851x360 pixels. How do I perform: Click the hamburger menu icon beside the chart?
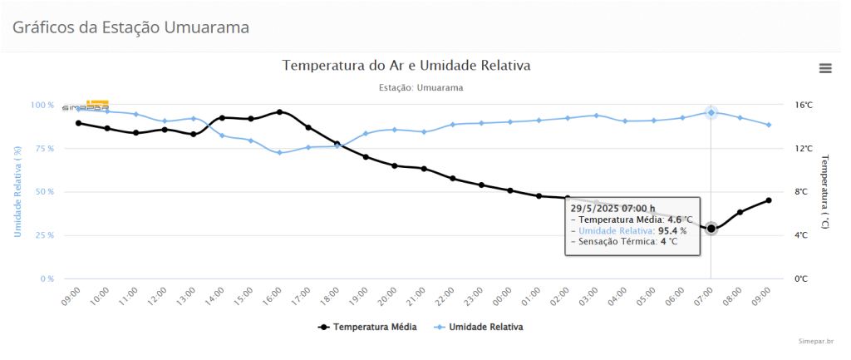[x=825, y=68]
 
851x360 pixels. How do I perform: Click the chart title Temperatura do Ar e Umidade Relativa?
[x=406, y=65]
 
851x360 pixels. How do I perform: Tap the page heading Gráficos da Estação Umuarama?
[x=130, y=27]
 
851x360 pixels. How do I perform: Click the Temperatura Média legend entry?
[x=367, y=327]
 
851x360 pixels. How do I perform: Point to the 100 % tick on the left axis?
[x=42, y=106]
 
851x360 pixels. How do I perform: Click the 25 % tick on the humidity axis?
[x=44, y=235]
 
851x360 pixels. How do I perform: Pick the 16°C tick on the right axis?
[x=803, y=106]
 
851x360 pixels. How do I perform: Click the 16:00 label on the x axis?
[x=274, y=298]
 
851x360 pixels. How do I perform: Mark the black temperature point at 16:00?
[x=280, y=111]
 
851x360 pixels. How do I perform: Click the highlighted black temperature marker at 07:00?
[x=711, y=229]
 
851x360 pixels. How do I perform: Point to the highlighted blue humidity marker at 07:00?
[x=711, y=112]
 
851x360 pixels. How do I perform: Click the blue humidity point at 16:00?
[x=280, y=153]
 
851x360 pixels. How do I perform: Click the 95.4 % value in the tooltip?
[x=673, y=230]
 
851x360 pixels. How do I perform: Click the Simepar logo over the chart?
[x=86, y=106]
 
